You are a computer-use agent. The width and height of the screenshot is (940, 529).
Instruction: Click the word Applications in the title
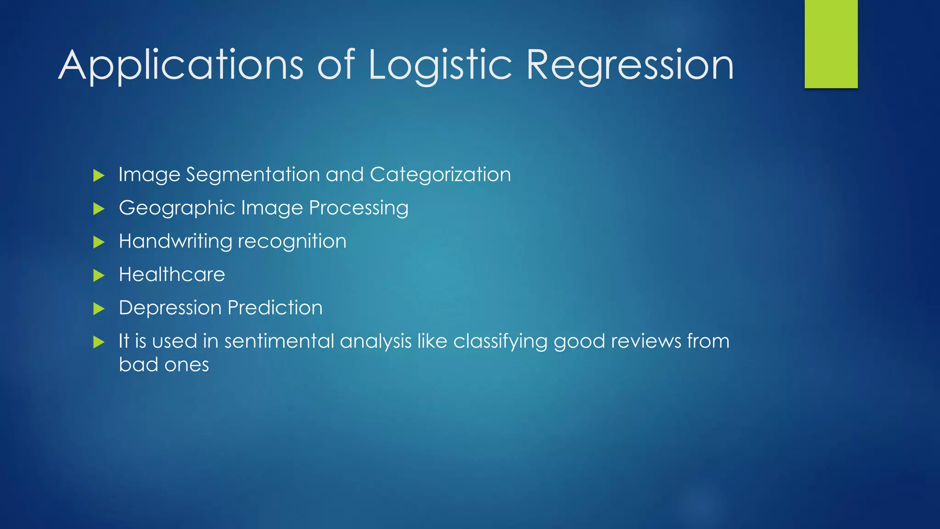[x=181, y=66]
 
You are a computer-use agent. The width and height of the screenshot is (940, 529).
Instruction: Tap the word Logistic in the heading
[x=440, y=66]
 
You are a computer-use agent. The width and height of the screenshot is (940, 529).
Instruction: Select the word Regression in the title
[x=630, y=66]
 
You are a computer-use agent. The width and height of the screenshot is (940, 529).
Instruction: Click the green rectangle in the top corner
[x=831, y=44]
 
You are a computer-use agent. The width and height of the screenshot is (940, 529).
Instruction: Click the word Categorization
[x=440, y=175]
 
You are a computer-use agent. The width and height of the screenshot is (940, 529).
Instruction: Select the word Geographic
[x=177, y=208]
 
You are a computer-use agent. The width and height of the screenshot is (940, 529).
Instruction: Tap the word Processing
[x=358, y=208]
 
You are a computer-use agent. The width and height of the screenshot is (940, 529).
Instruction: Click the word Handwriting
[x=175, y=242]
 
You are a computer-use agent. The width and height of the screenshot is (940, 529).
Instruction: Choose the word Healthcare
[x=172, y=275]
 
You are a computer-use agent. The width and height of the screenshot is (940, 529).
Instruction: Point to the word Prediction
[x=275, y=308]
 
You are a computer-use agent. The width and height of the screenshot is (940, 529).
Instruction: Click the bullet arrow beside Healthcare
[x=99, y=276]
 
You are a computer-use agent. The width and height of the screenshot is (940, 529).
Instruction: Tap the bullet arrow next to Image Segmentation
[x=99, y=175]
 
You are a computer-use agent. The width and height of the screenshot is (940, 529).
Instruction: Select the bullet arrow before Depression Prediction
[x=99, y=309]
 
